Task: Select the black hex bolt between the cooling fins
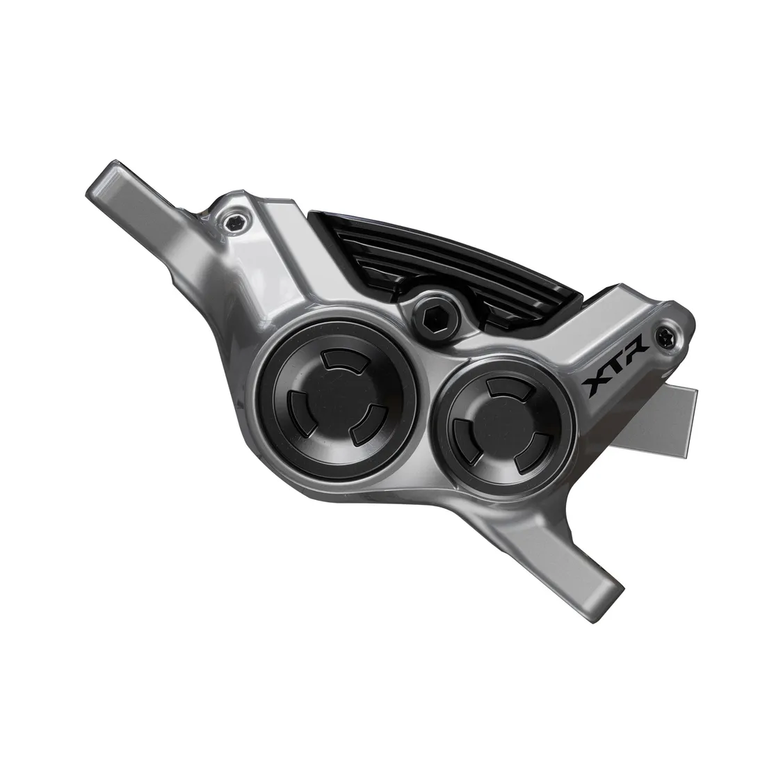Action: (x=433, y=317)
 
